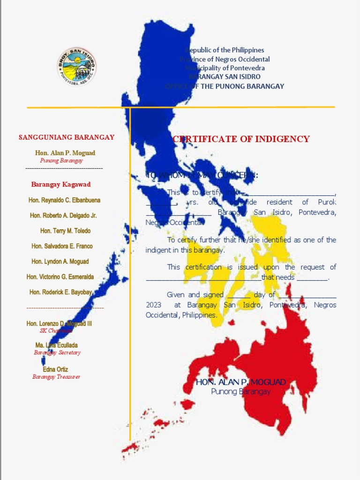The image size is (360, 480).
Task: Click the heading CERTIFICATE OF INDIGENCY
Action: (241, 139)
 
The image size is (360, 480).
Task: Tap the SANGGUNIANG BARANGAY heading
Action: (67, 137)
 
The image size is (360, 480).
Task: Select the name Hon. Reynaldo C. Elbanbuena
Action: (64, 200)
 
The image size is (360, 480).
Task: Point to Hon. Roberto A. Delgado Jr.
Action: (63, 216)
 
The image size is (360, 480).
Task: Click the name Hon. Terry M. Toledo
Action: (65, 231)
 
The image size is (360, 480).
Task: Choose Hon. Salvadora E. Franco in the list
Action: (62, 246)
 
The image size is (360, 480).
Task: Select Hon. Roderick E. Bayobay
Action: (60, 292)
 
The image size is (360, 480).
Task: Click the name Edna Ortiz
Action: (56, 369)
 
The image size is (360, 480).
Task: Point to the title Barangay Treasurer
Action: (56, 377)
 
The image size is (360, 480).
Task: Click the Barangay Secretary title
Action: (57, 352)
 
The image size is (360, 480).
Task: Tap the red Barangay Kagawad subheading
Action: (61, 184)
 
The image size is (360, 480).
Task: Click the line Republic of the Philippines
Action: (225, 50)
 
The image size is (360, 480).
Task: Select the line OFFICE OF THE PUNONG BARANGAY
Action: (225, 86)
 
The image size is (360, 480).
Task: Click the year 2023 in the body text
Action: (153, 305)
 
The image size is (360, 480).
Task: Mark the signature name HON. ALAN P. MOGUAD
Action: (240, 382)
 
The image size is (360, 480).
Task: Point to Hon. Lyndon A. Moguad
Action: (60, 262)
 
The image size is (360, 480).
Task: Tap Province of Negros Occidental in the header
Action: (225, 59)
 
